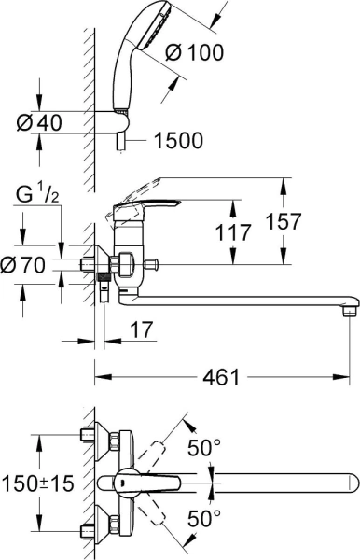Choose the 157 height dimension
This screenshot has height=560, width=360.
(306, 222)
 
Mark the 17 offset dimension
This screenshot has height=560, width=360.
(143, 331)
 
